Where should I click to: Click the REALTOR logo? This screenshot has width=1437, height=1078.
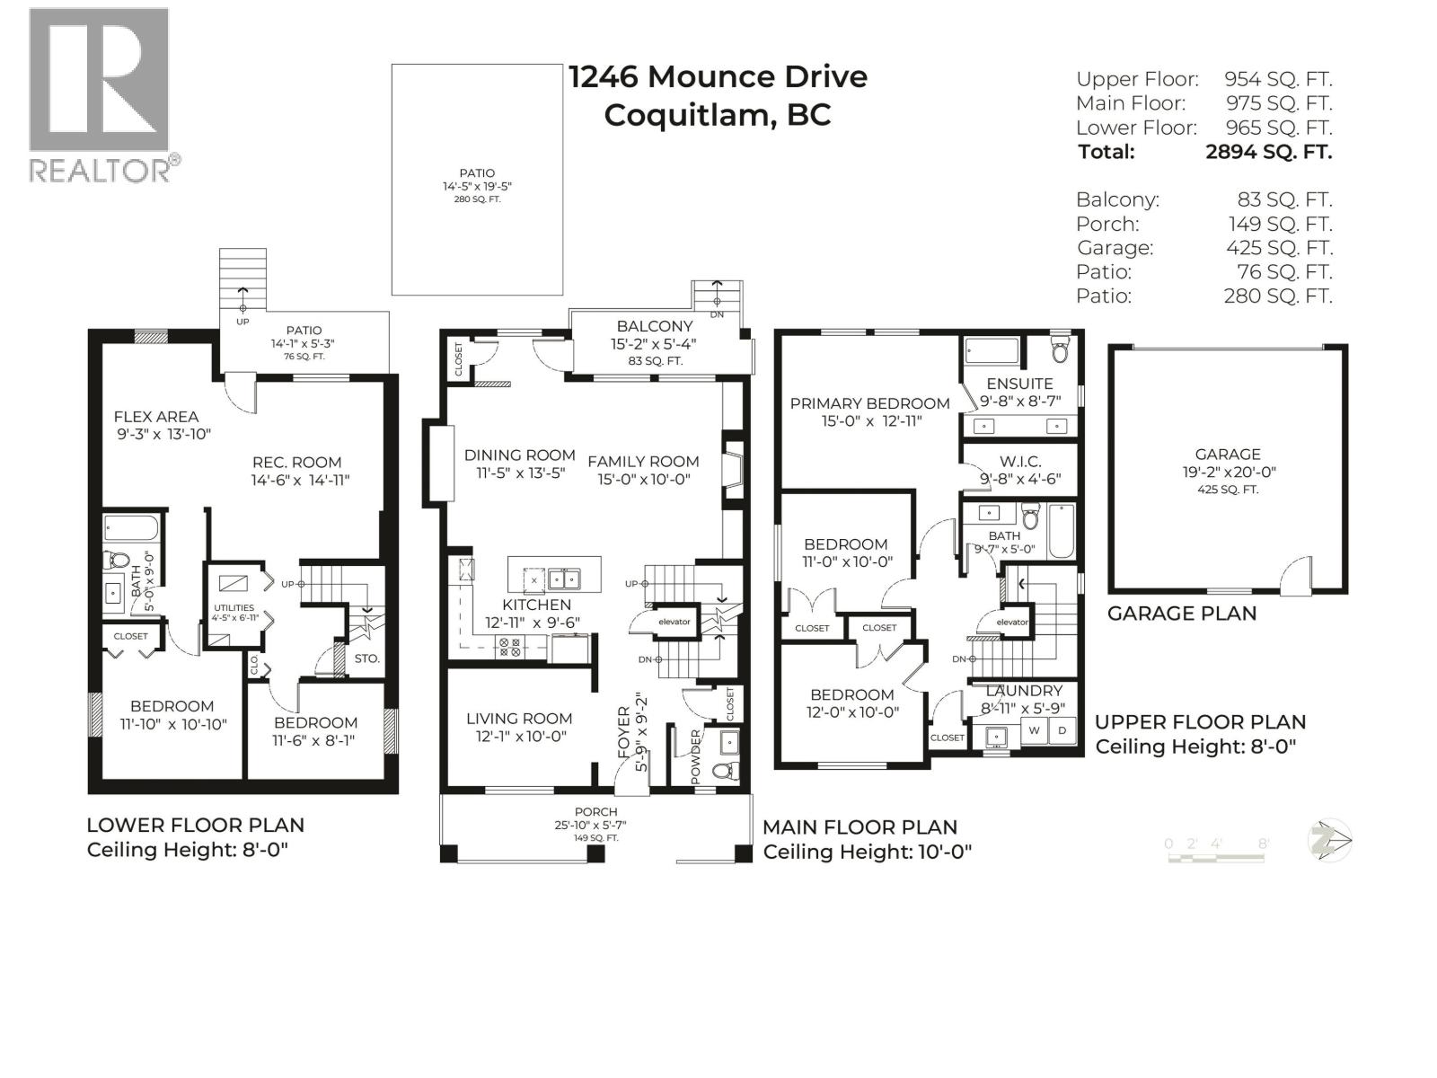(x=99, y=94)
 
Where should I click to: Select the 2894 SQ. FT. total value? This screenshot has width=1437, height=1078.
(x=1268, y=152)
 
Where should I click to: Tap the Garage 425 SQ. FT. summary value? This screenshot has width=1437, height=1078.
(x=1279, y=248)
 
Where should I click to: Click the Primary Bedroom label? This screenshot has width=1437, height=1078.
(x=869, y=403)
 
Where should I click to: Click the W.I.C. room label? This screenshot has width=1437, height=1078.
(x=1020, y=461)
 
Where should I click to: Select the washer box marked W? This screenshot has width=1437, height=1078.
(x=1034, y=730)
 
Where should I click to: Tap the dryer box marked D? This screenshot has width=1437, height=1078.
(x=1062, y=730)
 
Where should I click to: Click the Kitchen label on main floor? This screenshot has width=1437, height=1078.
(x=536, y=605)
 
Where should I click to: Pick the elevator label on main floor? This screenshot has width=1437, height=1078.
(x=674, y=622)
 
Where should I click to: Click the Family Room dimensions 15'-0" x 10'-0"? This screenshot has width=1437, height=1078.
(x=643, y=480)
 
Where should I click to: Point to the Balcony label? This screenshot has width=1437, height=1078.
(x=654, y=326)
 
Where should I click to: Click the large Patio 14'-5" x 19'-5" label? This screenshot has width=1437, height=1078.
(x=477, y=173)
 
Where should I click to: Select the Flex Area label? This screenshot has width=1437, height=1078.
(x=156, y=416)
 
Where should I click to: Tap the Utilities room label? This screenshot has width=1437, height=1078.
(x=234, y=608)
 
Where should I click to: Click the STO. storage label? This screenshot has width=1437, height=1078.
(x=366, y=658)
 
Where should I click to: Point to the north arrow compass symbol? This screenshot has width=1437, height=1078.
(x=1330, y=842)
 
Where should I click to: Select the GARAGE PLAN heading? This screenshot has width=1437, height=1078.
(x=1181, y=614)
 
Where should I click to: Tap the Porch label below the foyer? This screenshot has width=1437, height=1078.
(x=595, y=812)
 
